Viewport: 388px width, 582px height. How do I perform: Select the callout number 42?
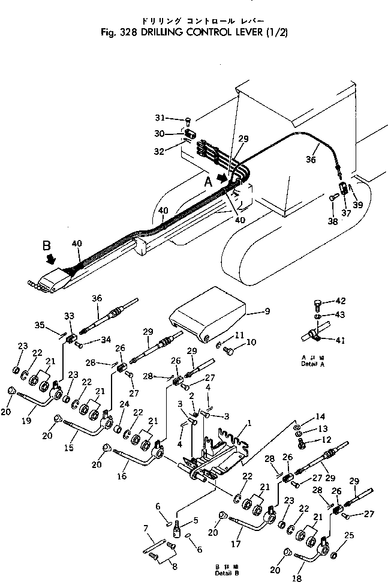coord(340,301)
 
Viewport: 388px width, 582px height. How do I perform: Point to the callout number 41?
coord(340,341)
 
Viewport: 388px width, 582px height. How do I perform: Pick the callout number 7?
coord(146,528)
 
